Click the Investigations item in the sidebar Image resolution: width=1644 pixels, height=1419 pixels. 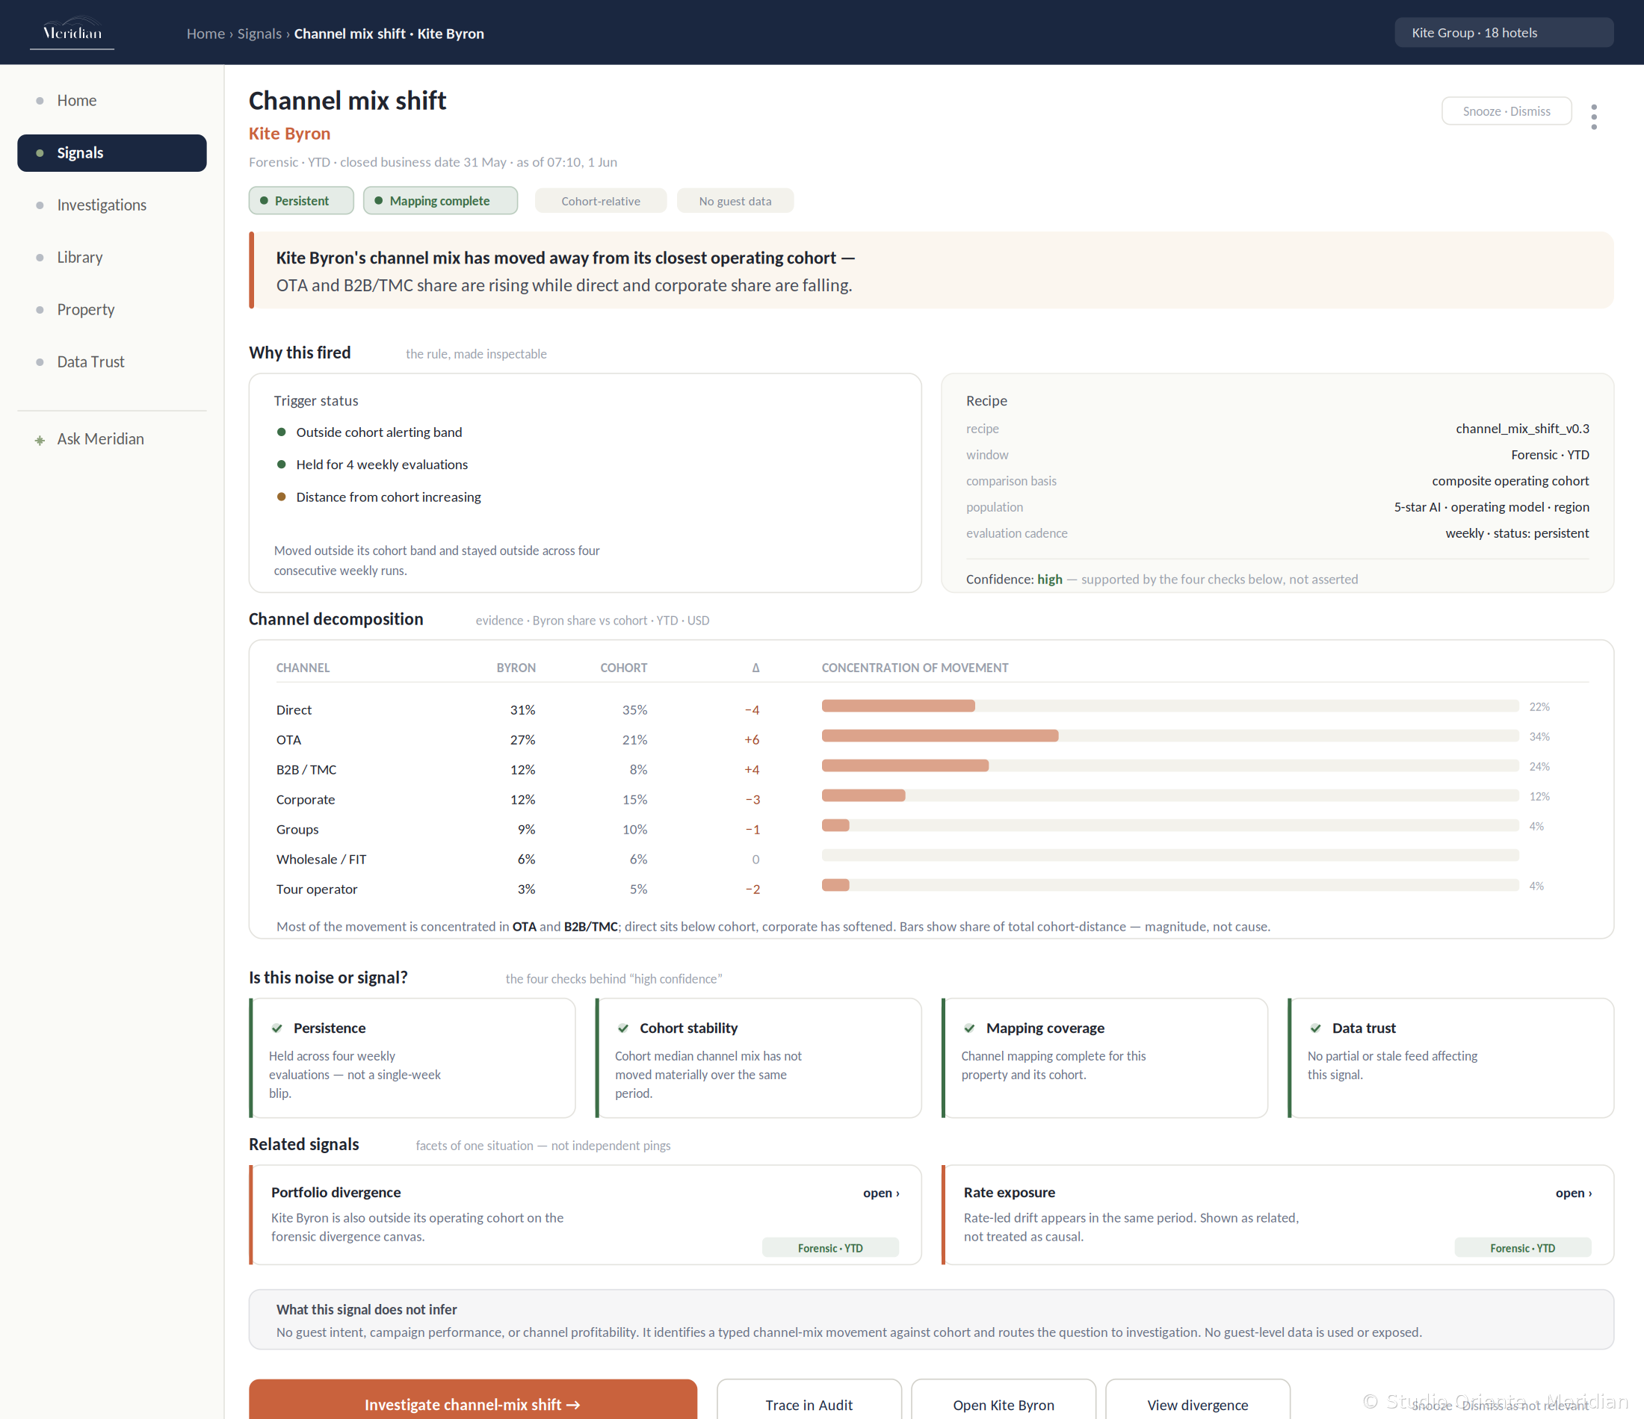(x=102, y=205)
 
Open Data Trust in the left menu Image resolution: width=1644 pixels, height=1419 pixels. (x=90, y=362)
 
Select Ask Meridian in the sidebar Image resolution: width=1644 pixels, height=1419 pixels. (x=100, y=439)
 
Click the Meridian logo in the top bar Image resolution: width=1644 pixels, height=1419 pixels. (x=72, y=33)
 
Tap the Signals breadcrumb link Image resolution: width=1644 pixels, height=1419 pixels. (x=259, y=34)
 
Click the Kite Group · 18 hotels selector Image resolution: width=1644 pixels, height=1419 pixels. (x=1504, y=33)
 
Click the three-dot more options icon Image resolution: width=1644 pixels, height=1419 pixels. (x=1594, y=117)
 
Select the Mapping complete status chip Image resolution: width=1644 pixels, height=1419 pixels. (x=440, y=201)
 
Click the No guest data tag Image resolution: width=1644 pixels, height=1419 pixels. (x=735, y=202)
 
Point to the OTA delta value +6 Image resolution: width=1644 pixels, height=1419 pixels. (x=752, y=740)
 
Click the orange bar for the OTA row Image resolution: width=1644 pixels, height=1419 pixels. (x=940, y=736)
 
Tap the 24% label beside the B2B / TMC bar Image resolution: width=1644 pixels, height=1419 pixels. (x=1539, y=766)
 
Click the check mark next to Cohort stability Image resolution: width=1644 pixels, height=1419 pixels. (x=624, y=1028)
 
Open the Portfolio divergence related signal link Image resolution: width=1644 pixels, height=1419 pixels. (x=881, y=1193)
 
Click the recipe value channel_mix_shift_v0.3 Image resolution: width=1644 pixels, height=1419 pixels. (x=1521, y=429)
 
